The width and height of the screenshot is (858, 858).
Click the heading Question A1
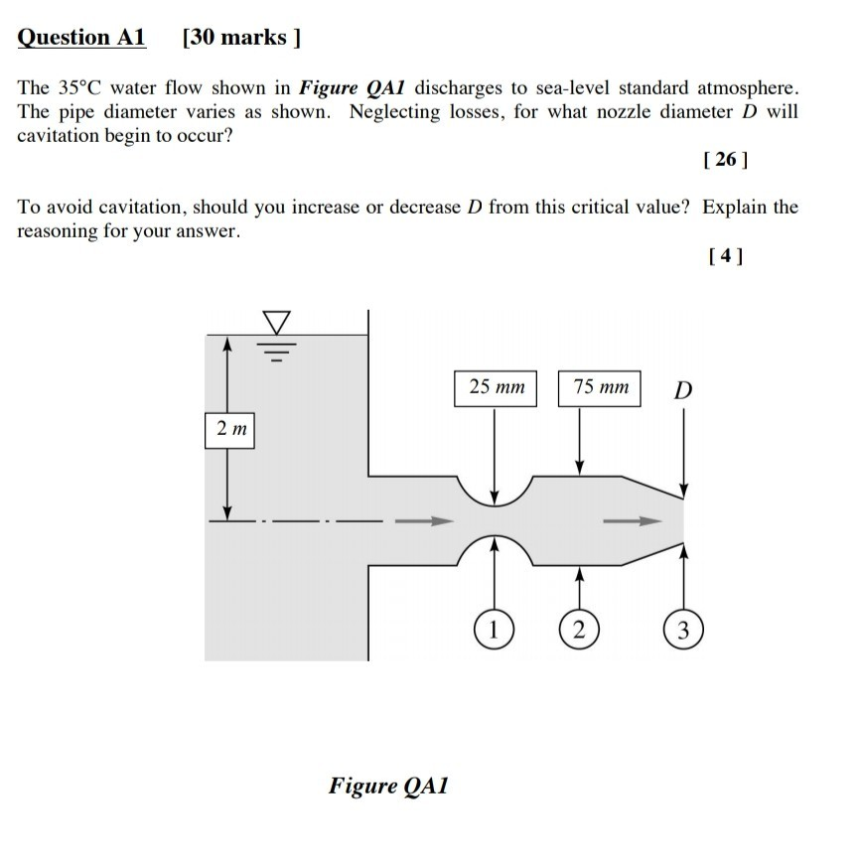tap(82, 38)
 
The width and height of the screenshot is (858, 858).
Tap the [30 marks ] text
tap(241, 38)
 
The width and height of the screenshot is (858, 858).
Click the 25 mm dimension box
tap(496, 387)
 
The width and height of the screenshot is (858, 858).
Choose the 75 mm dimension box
tap(600, 387)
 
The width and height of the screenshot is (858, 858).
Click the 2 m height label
tap(231, 429)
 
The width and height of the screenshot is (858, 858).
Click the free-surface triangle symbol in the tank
tap(277, 323)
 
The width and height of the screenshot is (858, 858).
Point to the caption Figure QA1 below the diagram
tap(389, 786)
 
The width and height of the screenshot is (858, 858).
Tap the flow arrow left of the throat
tap(423, 520)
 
